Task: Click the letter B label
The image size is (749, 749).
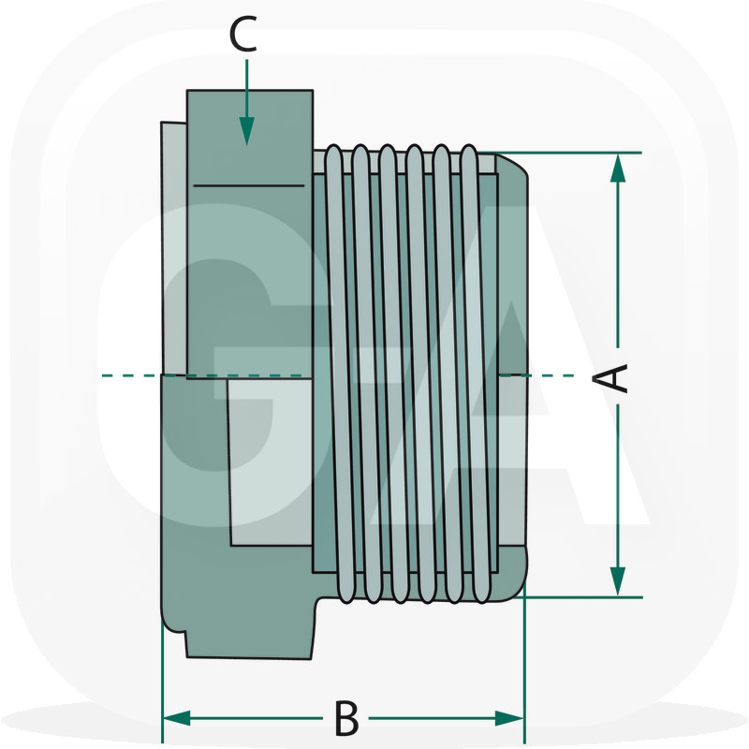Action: point(346,719)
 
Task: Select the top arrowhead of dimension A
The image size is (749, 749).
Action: point(617,169)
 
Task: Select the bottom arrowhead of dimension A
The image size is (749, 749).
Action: point(617,580)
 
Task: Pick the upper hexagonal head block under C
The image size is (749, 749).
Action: point(249,234)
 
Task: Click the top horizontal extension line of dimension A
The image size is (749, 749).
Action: point(571,153)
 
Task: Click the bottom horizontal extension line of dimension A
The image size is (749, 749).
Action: point(571,596)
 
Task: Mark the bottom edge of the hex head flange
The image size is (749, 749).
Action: point(249,656)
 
